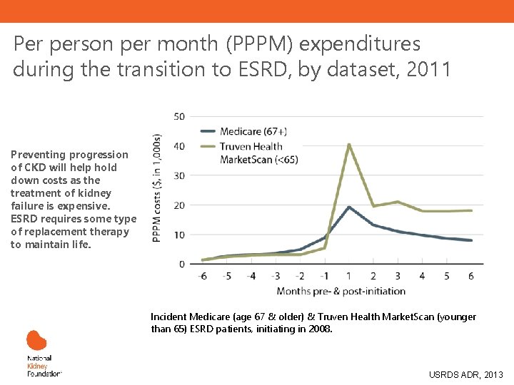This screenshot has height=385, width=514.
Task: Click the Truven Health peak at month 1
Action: [x=349, y=145]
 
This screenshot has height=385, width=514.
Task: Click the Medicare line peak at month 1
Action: [x=349, y=207]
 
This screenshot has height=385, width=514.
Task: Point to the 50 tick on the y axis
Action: [x=179, y=116]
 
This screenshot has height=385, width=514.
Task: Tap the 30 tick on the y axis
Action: [x=179, y=175]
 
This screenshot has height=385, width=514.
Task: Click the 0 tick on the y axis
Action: [x=182, y=265]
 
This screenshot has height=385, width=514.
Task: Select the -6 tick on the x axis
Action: [x=204, y=277]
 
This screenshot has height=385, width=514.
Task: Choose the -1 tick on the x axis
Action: [x=325, y=277]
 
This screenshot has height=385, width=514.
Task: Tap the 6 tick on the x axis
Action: [x=470, y=277]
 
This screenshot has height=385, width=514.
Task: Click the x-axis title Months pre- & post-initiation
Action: [x=341, y=291]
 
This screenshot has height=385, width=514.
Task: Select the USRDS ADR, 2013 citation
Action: [x=465, y=374]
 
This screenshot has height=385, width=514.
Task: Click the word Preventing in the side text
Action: [x=39, y=155]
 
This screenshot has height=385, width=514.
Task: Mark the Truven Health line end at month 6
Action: [x=470, y=210]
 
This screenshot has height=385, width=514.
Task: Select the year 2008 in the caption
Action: [x=318, y=329]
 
